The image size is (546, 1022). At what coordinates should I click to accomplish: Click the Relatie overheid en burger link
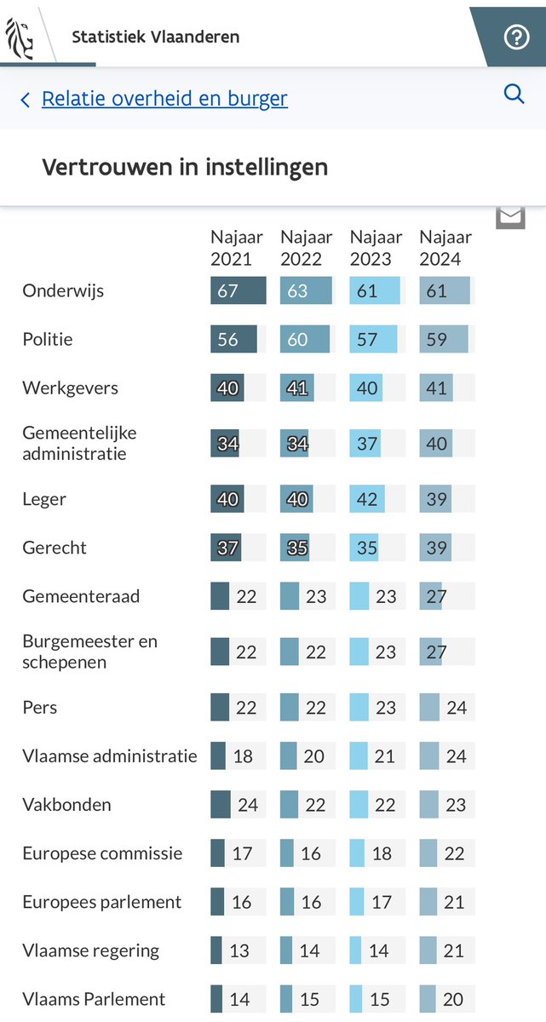pyautogui.click(x=164, y=99)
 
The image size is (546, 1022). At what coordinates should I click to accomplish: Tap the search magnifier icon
pyautogui.click(x=514, y=94)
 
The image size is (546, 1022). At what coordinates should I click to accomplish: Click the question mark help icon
pyautogui.click(x=516, y=37)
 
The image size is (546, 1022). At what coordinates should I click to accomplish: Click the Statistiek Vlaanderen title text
pyautogui.click(x=155, y=37)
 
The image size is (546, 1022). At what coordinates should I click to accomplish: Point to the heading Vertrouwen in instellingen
pyautogui.click(x=185, y=167)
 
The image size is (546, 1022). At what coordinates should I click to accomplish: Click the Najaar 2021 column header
pyautogui.click(x=237, y=248)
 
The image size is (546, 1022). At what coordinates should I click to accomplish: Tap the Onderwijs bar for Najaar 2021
pyautogui.click(x=238, y=290)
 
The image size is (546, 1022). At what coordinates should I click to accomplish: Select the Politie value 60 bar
pyautogui.click(x=304, y=339)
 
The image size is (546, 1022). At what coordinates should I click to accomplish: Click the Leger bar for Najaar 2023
pyautogui.click(x=368, y=498)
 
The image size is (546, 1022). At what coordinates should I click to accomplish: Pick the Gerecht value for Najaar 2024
pyautogui.click(x=436, y=548)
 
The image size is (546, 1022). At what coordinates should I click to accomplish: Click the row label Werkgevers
pyautogui.click(x=71, y=388)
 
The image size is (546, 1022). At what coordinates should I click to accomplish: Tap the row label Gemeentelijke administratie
pyautogui.click(x=79, y=443)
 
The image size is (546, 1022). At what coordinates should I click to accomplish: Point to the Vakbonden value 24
pyautogui.click(x=248, y=805)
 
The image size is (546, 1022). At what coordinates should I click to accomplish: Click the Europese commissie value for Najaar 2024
pyautogui.click(x=454, y=853)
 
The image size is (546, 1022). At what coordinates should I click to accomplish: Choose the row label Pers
pyautogui.click(x=40, y=707)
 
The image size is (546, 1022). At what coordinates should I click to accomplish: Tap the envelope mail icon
pyautogui.click(x=510, y=216)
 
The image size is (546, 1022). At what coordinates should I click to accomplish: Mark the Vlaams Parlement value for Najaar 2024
pyautogui.click(x=454, y=999)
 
